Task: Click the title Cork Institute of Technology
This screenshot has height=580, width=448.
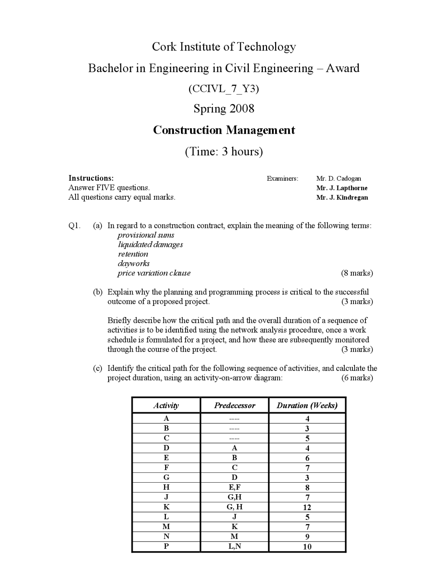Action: [224, 47]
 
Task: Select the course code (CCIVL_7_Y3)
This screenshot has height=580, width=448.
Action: [224, 89]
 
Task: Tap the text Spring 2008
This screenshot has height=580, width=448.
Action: [224, 109]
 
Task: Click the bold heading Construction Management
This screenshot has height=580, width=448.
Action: [224, 130]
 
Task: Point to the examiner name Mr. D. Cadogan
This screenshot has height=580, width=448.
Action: [338, 178]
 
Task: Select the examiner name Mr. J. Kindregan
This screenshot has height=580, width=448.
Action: [342, 198]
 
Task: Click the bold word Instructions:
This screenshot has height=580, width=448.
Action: [91, 178]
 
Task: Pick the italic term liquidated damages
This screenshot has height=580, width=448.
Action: [150, 244]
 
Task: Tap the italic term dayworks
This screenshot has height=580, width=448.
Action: [134, 263]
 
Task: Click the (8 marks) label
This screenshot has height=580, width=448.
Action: [357, 273]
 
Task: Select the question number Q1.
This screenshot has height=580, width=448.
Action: [74, 226]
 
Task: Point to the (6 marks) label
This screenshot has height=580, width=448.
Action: [357, 378]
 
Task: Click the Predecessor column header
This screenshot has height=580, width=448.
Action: [234, 406]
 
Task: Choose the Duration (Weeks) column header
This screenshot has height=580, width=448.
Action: [307, 406]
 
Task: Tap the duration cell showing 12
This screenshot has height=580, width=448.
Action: [307, 507]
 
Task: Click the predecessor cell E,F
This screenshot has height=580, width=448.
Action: [234, 487]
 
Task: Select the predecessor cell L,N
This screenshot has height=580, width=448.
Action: [234, 546]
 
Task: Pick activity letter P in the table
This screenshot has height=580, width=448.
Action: [166, 546]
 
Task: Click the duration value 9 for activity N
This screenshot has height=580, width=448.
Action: [307, 537]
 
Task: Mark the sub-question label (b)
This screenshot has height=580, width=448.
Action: [98, 292]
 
